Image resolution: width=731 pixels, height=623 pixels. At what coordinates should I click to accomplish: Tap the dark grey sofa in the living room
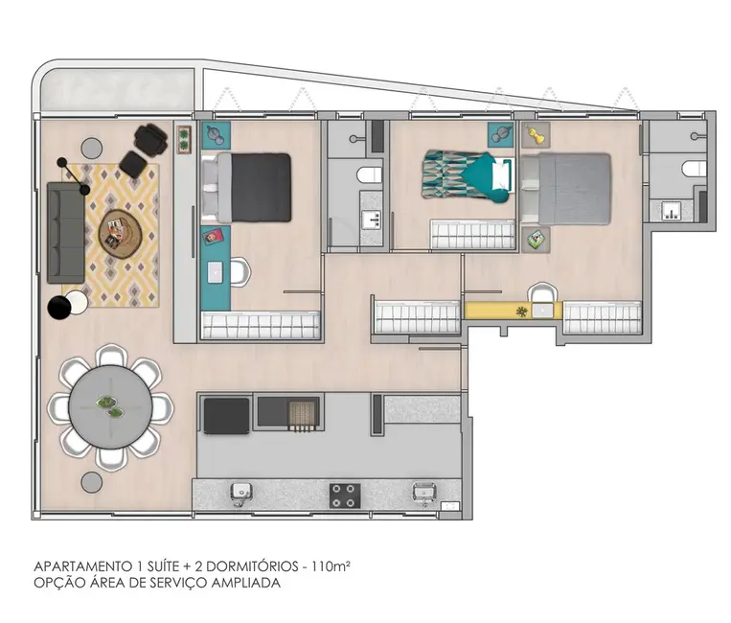(66, 234)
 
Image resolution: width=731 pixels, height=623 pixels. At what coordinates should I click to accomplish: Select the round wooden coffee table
(120, 230)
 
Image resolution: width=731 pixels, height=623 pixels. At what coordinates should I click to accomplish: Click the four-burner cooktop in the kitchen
(344, 495)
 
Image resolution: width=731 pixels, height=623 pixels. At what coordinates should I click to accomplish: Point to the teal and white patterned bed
(468, 177)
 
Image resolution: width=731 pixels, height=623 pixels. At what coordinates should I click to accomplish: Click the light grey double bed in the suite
(568, 188)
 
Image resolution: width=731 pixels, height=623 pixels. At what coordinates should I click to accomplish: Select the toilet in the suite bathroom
(693, 170)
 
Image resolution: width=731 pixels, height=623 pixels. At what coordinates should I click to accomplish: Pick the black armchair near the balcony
(150, 139)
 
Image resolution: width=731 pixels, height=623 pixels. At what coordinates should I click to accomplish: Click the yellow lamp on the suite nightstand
(535, 134)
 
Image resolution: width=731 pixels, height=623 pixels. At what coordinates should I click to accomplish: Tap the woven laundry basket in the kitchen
(302, 413)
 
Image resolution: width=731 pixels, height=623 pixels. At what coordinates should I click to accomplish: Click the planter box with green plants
(184, 138)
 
